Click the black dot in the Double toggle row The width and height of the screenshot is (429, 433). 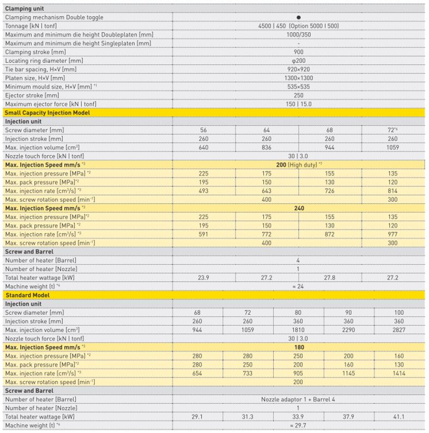coord(298,17)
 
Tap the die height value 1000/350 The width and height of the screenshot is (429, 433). coord(298,35)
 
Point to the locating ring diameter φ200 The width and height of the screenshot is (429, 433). coord(298,61)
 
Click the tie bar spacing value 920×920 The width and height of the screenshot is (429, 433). coord(298,70)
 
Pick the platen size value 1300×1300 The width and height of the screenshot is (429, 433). coord(298,78)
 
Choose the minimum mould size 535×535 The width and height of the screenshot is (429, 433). coord(298,87)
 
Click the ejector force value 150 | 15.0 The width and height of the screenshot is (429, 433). coord(298,104)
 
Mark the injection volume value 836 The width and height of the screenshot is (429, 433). coord(267,148)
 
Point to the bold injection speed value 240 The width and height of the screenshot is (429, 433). coord(298,208)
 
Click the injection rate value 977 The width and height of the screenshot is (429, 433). coord(392,234)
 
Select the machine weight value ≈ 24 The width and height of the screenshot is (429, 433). coord(298,286)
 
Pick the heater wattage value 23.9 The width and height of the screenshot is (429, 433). coord(203,277)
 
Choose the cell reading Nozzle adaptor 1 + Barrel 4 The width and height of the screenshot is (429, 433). coord(298,399)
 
